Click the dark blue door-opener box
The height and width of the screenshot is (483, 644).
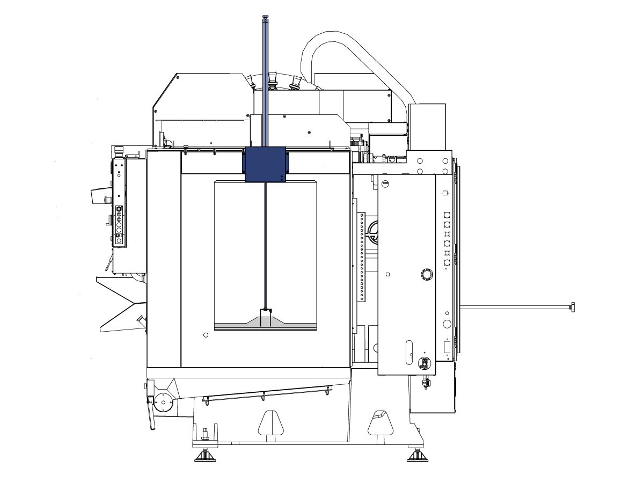click(x=265, y=164)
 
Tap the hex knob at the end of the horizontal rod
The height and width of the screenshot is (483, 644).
click(x=572, y=307)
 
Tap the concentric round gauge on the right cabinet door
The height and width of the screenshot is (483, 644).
click(x=427, y=275)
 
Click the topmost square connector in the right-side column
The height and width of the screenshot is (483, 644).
click(x=446, y=213)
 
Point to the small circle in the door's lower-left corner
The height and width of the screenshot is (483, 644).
click(x=206, y=335)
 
